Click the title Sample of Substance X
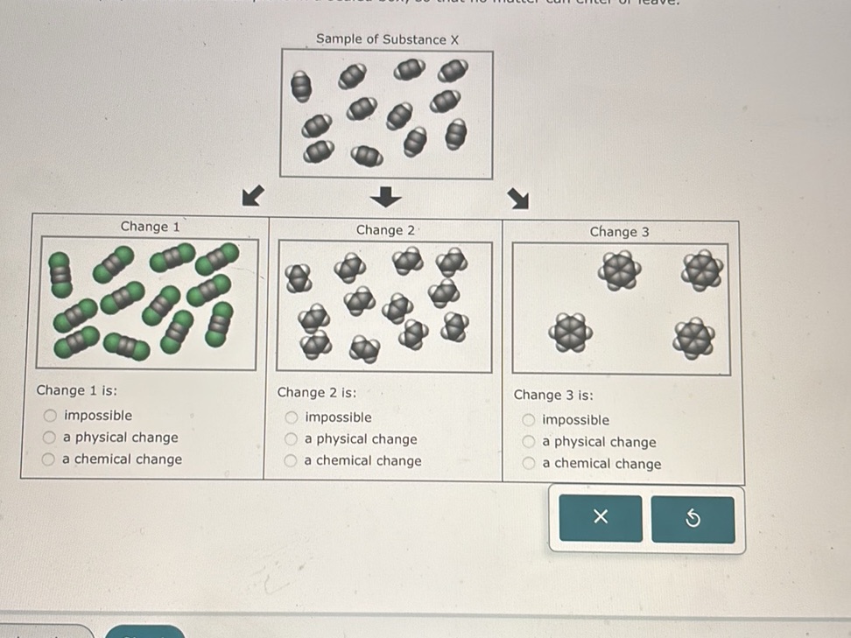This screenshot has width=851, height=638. pyautogui.click(x=387, y=39)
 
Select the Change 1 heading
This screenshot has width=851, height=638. pyautogui.click(x=150, y=227)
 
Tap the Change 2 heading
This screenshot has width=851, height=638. pyautogui.click(x=385, y=230)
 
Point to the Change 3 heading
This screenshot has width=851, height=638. pyautogui.click(x=619, y=232)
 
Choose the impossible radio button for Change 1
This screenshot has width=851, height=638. pyautogui.click(x=52, y=416)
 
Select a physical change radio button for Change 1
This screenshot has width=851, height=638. pyautogui.click(x=52, y=438)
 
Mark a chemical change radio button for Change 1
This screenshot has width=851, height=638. pyautogui.click(x=52, y=459)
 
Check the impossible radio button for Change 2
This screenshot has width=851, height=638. pyautogui.click(x=292, y=418)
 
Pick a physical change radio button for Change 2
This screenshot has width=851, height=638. pyautogui.click(x=292, y=439)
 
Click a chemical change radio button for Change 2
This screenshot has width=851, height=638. pyautogui.click(x=292, y=461)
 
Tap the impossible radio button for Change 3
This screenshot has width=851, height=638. pyautogui.click(x=529, y=421)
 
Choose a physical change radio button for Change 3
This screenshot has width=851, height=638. pyautogui.click(x=529, y=443)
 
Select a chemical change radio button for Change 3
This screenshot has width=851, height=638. pyautogui.click(x=529, y=465)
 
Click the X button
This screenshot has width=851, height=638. pyautogui.click(x=600, y=518)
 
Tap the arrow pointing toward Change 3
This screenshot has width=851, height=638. pyautogui.click(x=519, y=200)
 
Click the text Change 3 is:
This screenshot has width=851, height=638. pyautogui.click(x=553, y=396)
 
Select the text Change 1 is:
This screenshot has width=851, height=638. pyautogui.click(x=77, y=391)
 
